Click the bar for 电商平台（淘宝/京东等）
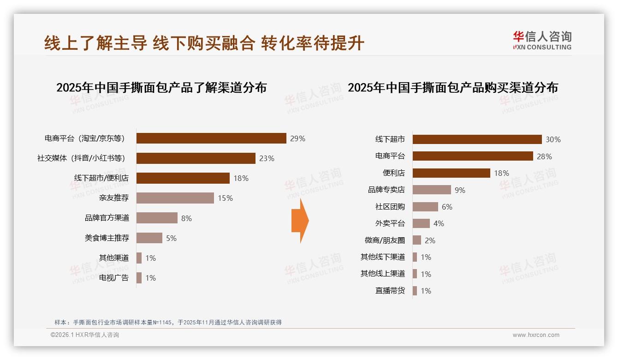[x=211, y=138]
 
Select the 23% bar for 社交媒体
[x=196, y=158]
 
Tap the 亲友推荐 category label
[x=114, y=198]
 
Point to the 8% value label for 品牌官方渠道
[x=186, y=218]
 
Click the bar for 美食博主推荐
[x=149, y=238]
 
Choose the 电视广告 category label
[x=114, y=278]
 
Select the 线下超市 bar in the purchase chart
[x=477, y=139]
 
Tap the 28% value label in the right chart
[x=544, y=156]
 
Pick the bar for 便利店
[x=451, y=173]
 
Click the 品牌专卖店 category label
[x=386, y=190]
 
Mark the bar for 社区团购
[x=425, y=207]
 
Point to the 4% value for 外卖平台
[x=439, y=223]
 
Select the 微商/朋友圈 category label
[x=385, y=240]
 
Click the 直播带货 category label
[x=390, y=291]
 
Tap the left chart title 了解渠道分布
[x=161, y=88]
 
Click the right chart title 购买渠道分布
[x=452, y=88]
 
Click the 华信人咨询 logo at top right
[x=542, y=41]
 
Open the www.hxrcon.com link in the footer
[x=536, y=335]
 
